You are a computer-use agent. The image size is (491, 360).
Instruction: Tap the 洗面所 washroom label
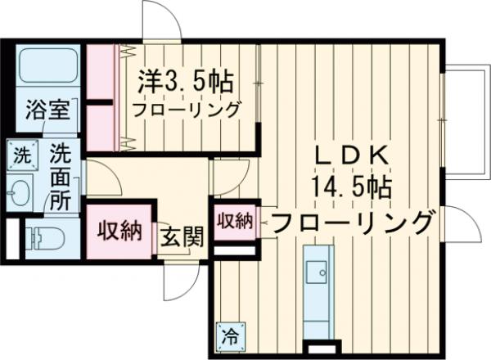59,176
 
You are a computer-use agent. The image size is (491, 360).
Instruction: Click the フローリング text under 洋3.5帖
187,109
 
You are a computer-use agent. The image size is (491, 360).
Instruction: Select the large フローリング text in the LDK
351,221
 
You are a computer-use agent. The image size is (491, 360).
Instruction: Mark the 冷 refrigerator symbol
230,335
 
